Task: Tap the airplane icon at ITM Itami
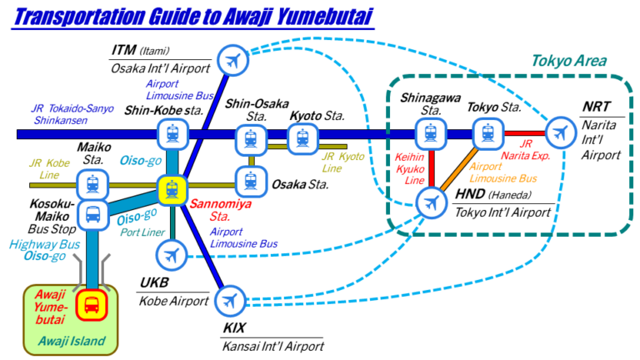pos(232,59)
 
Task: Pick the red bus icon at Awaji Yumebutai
pos(90,306)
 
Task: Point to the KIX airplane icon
pos(231,299)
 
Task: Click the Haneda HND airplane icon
pos(431,202)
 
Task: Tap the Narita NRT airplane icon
pos(559,132)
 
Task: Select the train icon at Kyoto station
pos(301,137)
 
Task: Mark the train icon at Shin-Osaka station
pos(249,138)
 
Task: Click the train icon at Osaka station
pos(250,179)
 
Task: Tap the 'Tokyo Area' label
pos(568,62)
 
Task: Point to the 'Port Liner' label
pos(143,232)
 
